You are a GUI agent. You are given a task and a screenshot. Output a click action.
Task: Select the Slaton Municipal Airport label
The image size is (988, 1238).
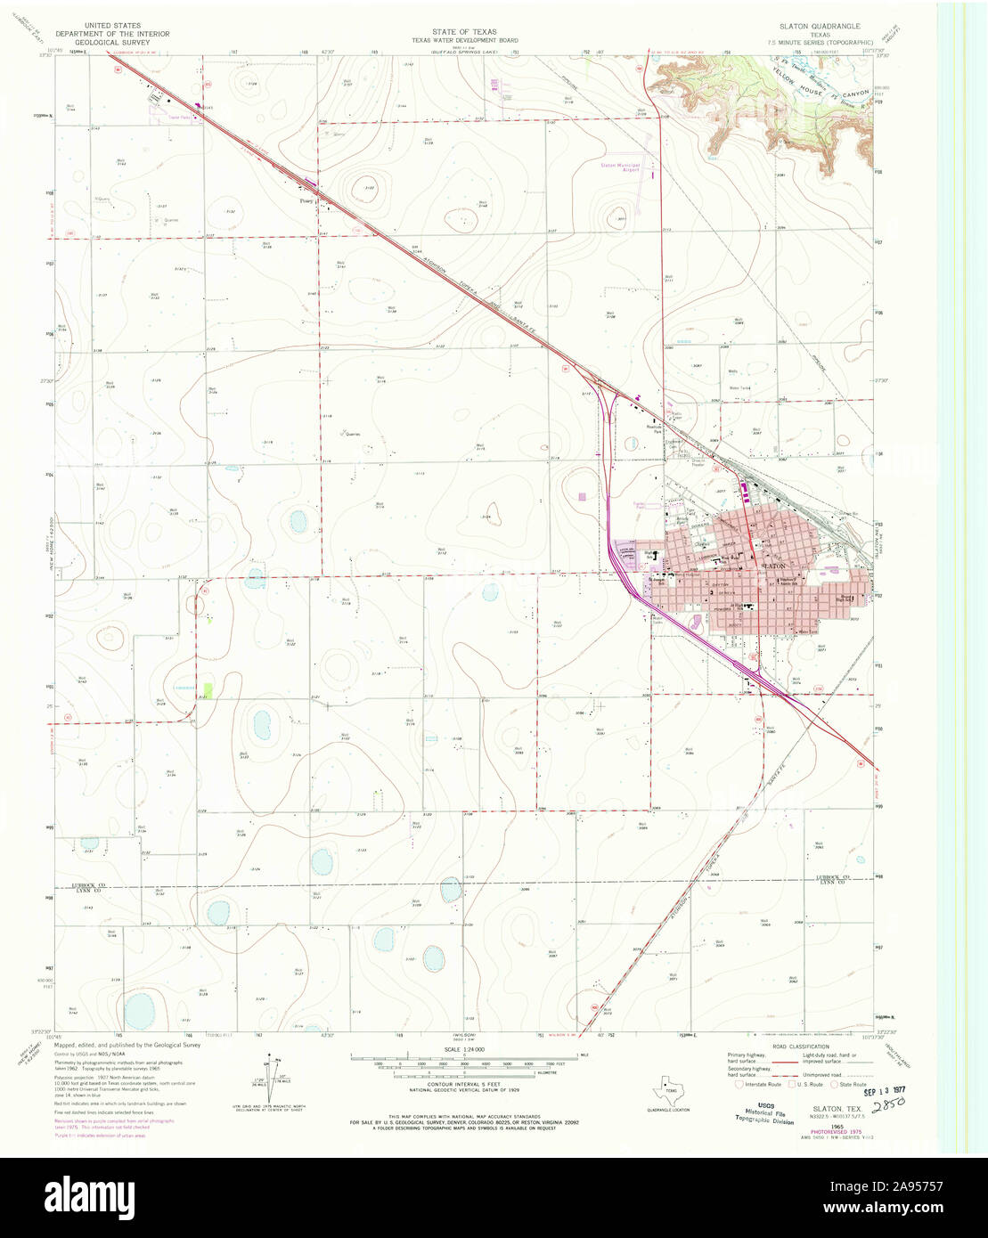[x=620, y=167]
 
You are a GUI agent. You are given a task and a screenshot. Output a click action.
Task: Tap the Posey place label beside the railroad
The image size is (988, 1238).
[x=304, y=201]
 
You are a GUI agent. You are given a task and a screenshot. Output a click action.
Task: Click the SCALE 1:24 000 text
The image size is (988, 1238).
[x=463, y=1047]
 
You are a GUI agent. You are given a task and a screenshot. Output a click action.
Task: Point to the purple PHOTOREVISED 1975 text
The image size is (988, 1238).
[x=829, y=1134]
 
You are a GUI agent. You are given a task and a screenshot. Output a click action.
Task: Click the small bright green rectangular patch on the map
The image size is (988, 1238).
[x=208, y=690]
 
